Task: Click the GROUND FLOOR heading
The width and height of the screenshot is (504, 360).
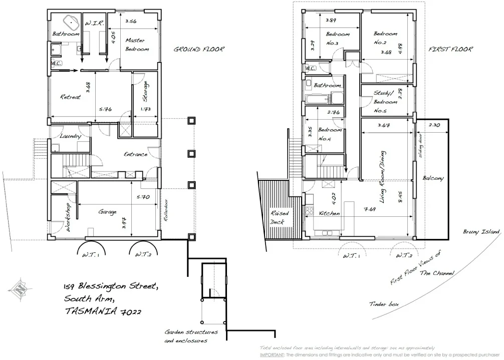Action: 198,50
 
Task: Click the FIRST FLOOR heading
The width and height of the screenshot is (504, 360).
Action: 450,50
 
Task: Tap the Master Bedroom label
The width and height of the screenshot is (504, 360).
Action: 137,45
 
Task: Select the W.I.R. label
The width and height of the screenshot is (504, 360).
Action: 94,23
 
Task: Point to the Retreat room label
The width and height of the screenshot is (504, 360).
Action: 70,97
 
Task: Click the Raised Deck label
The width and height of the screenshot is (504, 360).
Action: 278,217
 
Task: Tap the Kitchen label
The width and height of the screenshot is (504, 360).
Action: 329,213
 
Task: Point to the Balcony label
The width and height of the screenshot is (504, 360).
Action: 432,178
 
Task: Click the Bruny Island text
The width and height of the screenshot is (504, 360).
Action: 481,232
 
